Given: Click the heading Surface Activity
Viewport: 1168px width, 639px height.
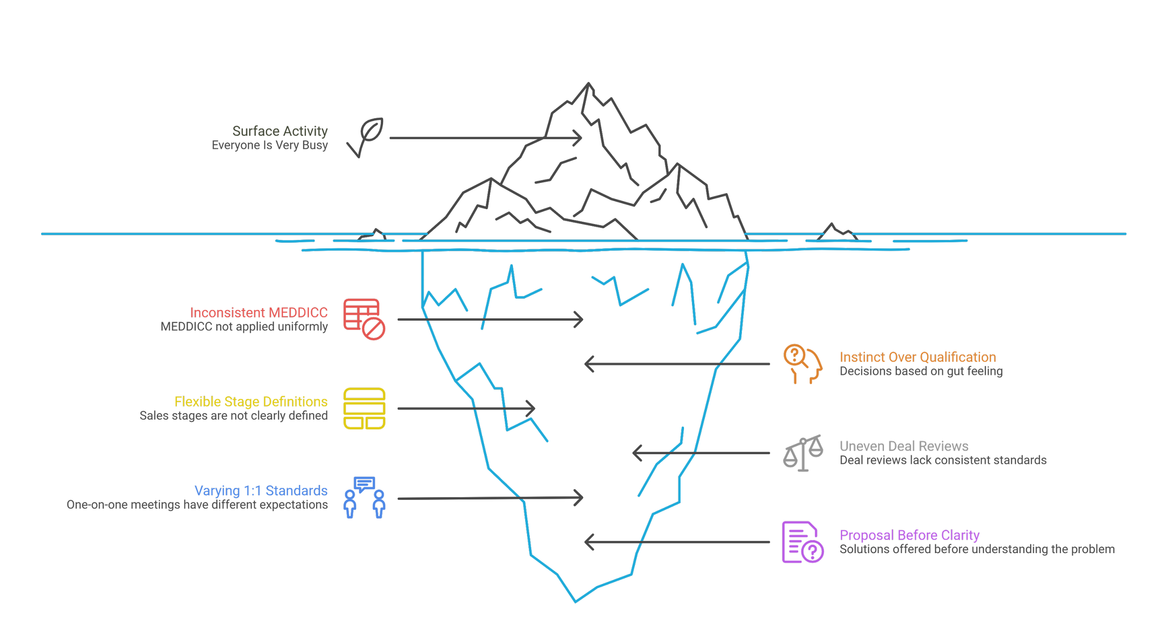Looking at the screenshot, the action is pos(280,131).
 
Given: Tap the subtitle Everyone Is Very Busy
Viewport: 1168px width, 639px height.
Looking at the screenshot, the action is pos(270,145).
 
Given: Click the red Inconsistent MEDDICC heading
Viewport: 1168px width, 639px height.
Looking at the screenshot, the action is pos(259,312).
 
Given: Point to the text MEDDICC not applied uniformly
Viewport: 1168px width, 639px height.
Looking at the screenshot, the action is pos(244,326).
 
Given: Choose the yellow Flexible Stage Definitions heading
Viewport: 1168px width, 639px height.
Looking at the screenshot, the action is pos(251,401).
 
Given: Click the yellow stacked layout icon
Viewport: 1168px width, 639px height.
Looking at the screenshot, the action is pos(364,408).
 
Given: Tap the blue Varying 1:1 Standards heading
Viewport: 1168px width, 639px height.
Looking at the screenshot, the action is pos(261,491).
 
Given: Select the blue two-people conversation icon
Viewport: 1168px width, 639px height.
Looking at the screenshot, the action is pos(364,498).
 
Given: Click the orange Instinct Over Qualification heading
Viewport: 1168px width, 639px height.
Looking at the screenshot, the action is pos(918,358).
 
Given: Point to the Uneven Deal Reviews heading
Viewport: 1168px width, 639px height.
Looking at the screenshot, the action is pos(904,446).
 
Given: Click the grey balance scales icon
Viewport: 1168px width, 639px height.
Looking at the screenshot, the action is pos(803,453).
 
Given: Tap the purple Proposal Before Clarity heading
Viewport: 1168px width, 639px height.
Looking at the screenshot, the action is pos(909,535).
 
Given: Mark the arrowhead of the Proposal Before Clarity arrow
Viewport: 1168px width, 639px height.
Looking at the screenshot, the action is pos(587,542).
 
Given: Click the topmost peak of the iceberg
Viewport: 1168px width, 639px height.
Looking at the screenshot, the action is pos(588,84).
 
